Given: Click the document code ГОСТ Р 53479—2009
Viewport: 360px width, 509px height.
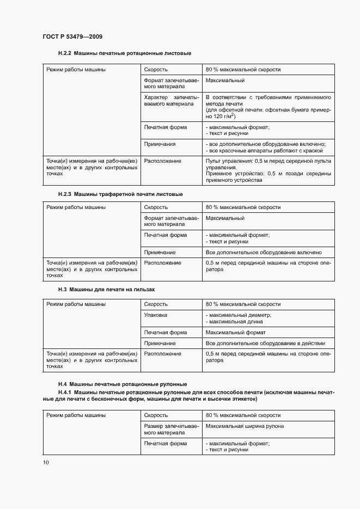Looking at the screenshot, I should point(72,36).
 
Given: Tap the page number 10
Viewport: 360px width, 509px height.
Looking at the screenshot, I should point(46,462).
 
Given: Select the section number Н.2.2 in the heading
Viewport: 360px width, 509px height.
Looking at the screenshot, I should point(65,53).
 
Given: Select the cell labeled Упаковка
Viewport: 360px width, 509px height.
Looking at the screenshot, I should point(156,315).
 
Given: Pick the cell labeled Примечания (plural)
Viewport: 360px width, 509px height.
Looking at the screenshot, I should point(160,144).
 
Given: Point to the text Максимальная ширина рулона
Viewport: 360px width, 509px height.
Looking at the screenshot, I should point(245,426).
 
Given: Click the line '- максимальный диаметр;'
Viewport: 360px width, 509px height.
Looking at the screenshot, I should point(239,315).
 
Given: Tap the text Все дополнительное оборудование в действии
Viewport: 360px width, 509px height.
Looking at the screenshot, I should point(265,344).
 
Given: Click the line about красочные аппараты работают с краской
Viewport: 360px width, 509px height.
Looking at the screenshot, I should point(265,150).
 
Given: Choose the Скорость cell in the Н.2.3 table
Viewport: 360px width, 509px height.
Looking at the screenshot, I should point(156,207).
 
